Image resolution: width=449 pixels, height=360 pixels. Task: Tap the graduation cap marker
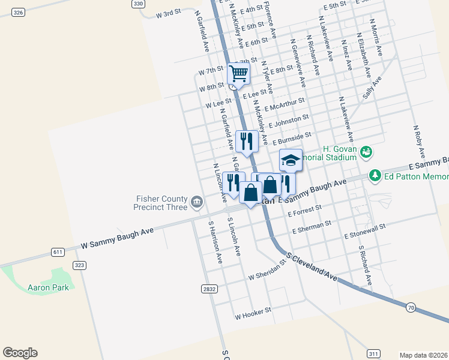point(291,160)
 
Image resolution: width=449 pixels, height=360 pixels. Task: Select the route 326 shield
point(17,12)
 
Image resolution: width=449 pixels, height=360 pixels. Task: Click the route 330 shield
point(139,4)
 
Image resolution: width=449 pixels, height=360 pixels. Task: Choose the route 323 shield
point(79,265)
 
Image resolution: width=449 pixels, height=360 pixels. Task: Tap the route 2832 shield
point(208,289)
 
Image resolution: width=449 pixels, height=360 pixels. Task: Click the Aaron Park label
point(48,287)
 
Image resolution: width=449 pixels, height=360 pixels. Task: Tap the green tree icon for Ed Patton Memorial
point(375,176)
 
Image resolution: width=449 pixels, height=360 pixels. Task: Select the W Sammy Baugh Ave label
point(118,237)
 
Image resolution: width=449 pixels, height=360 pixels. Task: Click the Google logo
point(20,353)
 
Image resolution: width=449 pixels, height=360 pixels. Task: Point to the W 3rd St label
point(168,14)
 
